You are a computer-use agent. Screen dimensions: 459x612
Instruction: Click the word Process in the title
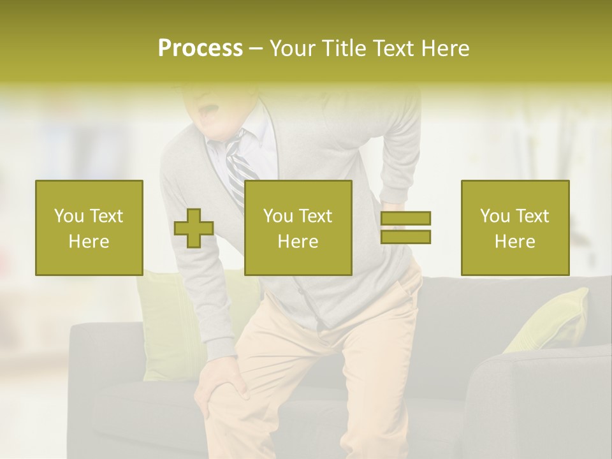(x=200, y=48)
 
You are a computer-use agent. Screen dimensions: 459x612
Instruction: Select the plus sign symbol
(x=194, y=228)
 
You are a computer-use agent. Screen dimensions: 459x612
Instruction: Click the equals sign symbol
(x=405, y=228)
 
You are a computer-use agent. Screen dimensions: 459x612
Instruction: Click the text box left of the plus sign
(x=89, y=228)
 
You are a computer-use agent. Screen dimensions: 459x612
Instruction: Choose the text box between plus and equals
(x=298, y=228)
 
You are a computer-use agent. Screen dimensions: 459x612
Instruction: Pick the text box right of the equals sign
(x=515, y=228)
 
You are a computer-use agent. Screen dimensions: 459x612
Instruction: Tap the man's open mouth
(x=207, y=115)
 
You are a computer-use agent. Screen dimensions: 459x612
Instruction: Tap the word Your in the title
(x=291, y=48)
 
